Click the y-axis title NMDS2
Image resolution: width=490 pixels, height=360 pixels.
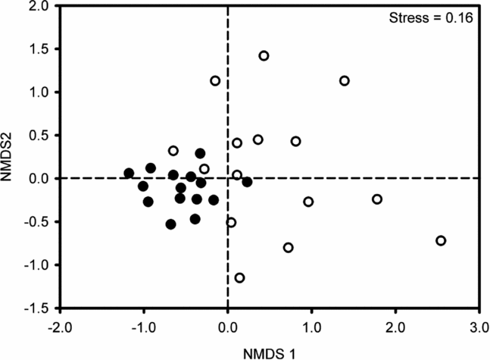pos(11,158)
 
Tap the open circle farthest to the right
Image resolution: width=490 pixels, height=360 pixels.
pos(441,241)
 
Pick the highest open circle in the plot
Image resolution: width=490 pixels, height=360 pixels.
pos(264,56)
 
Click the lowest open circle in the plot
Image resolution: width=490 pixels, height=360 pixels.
pos(239,278)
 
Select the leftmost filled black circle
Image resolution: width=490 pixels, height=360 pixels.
pos(129,174)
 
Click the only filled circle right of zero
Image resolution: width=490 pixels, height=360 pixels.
pos(247,182)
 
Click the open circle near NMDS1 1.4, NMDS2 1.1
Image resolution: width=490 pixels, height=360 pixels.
pos(345,81)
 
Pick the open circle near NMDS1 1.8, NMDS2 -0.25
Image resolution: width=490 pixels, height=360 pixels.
pos(377,199)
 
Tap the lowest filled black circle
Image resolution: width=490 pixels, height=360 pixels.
pos(171,224)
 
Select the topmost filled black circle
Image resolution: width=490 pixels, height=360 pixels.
pos(200,154)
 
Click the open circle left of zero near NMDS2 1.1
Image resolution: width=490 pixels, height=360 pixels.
pos(215,81)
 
